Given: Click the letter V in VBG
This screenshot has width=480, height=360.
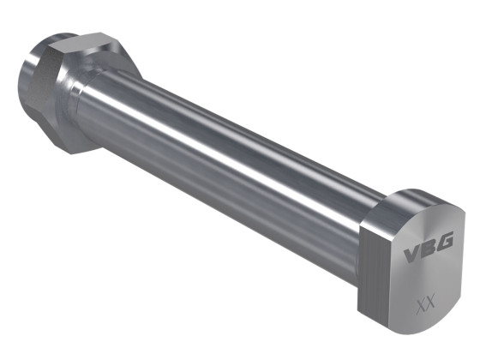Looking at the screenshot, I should [x=411, y=255].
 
